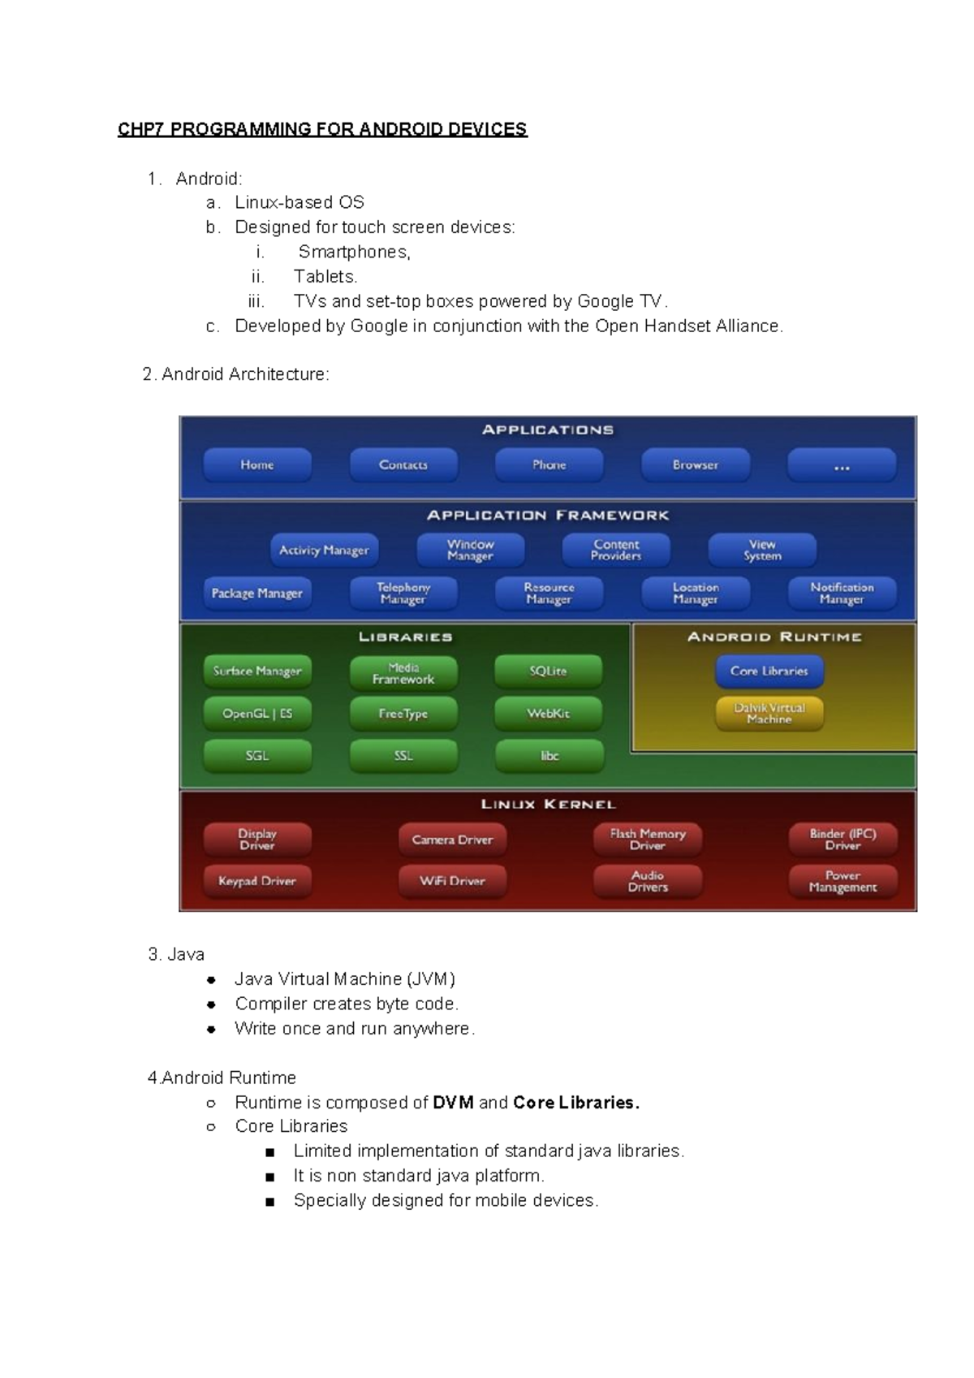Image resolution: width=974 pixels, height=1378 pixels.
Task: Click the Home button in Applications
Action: (256, 465)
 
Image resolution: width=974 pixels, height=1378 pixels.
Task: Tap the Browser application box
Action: (696, 465)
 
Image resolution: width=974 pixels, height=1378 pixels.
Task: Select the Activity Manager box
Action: (324, 551)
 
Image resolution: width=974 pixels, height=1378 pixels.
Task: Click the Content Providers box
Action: (616, 551)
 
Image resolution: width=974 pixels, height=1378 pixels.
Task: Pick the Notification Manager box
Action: (842, 594)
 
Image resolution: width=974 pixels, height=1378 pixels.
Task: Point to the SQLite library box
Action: (549, 672)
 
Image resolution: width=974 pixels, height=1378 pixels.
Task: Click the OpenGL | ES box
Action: (257, 714)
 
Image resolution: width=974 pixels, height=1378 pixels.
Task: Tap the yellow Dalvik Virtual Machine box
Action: (769, 714)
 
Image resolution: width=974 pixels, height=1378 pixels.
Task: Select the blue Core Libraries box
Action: (769, 672)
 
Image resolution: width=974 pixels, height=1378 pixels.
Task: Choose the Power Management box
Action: (843, 882)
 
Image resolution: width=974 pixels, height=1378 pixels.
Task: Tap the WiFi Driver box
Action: (452, 882)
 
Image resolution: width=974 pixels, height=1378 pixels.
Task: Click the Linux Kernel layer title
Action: (549, 805)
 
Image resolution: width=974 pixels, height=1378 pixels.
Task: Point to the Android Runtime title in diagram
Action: (774, 637)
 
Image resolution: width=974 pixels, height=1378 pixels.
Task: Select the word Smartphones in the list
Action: (352, 253)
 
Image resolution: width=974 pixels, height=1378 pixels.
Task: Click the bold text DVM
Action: (453, 1103)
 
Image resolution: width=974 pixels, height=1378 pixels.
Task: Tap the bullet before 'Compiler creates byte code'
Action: (211, 1004)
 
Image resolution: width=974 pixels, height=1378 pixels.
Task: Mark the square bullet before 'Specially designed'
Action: (270, 1201)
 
